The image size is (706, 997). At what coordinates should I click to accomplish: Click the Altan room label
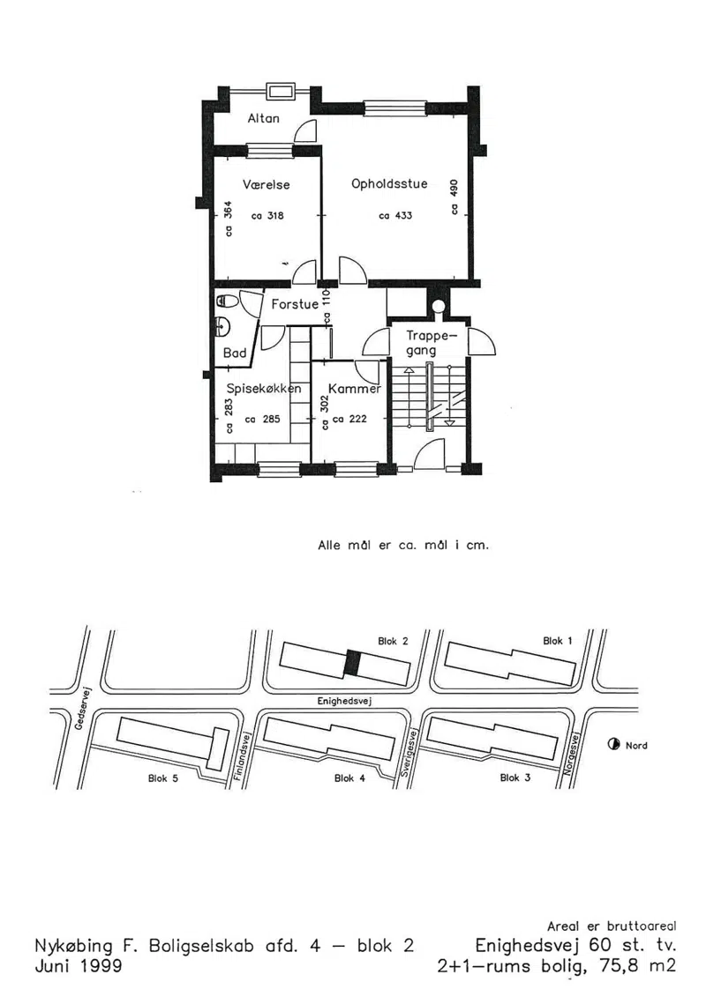(x=263, y=118)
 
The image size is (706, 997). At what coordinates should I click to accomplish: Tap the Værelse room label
(x=267, y=185)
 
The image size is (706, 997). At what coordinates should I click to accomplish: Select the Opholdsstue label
(x=389, y=183)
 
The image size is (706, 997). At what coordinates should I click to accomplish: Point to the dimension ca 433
(x=395, y=216)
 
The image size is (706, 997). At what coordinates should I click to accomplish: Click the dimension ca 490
(x=454, y=197)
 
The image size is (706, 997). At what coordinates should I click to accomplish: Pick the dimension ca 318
(x=267, y=216)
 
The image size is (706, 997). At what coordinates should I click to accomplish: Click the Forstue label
(x=295, y=305)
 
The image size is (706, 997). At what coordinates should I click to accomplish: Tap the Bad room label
(x=234, y=353)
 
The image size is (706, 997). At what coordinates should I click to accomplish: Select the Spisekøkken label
(x=264, y=389)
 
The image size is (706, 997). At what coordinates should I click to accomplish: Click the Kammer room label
(x=355, y=389)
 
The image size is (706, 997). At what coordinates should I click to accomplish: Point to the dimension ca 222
(x=349, y=419)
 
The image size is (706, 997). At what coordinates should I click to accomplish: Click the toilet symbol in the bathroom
(x=225, y=300)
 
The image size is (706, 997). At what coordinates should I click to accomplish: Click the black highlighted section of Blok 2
(x=353, y=664)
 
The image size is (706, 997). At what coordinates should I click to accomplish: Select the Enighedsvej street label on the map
(x=344, y=701)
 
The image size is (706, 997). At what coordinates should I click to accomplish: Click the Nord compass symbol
(x=613, y=745)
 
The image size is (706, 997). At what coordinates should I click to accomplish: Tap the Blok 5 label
(x=163, y=778)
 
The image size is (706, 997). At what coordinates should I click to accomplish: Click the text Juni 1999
(x=79, y=965)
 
